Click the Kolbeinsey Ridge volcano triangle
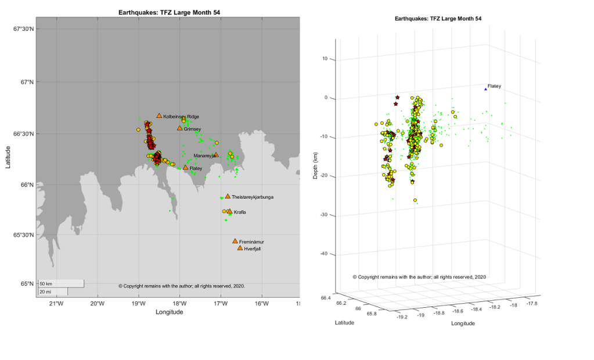[x=159, y=116]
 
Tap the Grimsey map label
[x=192, y=129]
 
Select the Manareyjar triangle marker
[x=215, y=155]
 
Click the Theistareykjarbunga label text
[x=252, y=197]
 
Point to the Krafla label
[x=240, y=213]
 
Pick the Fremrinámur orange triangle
[x=235, y=241]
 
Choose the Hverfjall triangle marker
[x=240, y=248]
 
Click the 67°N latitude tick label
[x=26, y=82]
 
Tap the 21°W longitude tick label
[x=56, y=304]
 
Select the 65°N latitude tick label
[x=26, y=284]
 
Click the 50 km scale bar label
[x=46, y=283]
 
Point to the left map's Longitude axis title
[x=169, y=312]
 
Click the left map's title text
[x=169, y=12]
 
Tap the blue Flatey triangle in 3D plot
[x=485, y=89]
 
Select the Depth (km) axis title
[x=315, y=157]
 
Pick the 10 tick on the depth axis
[x=325, y=59]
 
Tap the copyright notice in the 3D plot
[x=419, y=277]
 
